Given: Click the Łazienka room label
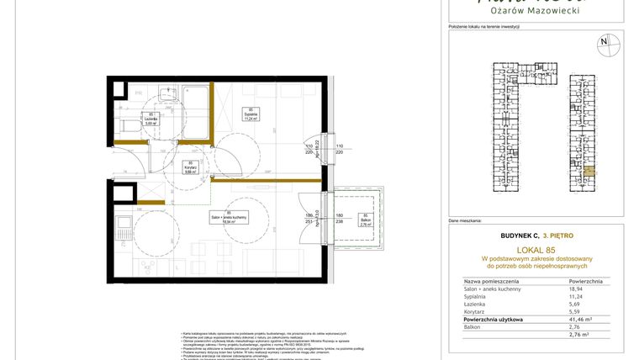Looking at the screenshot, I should pyautogui.click(x=151, y=119).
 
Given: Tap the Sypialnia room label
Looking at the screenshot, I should pyautogui.click(x=250, y=114).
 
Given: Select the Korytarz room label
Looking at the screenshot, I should pyautogui.click(x=191, y=167).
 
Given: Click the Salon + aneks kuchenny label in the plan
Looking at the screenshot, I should pyautogui.click(x=229, y=218).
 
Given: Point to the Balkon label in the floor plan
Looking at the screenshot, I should pyautogui.click(x=365, y=220).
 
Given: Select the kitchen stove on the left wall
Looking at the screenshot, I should pyautogui.click(x=122, y=225).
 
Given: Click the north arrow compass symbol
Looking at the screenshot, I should pyautogui.click(x=603, y=41).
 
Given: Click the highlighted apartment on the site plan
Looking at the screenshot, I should pyautogui.click(x=589, y=172).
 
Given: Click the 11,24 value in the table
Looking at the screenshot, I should pyautogui.click(x=577, y=295).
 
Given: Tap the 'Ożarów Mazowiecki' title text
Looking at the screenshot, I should pyautogui.click(x=536, y=12).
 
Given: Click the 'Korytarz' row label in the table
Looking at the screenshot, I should pyautogui.click(x=477, y=312).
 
